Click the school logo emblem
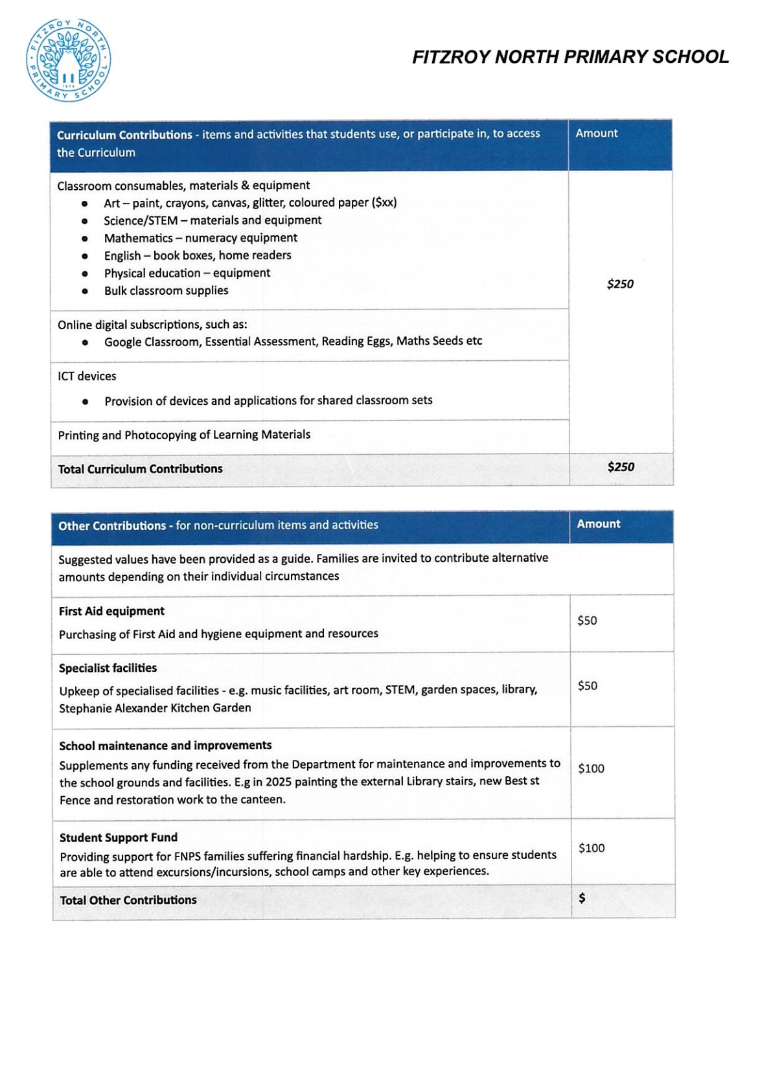68,60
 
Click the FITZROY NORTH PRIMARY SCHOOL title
570,57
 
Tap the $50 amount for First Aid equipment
587,621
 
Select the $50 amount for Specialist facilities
588,686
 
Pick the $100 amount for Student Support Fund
592,848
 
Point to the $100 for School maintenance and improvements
591,768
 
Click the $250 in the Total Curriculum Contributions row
621,467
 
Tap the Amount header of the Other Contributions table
599,524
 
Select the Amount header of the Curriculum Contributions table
597,133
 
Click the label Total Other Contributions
128,900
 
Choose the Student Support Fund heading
119,838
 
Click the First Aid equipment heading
111,611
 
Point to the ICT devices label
87,376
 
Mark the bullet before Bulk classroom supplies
85,292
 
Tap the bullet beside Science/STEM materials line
85,222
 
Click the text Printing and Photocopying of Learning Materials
184,435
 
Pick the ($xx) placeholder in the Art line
384,203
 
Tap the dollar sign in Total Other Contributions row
582,898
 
